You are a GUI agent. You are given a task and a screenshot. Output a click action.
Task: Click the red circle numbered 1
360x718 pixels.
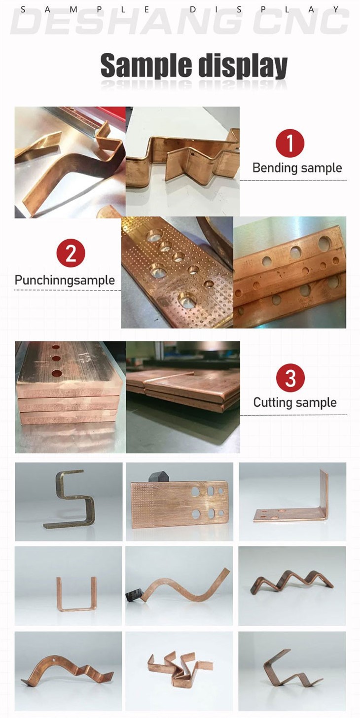[x=289, y=143]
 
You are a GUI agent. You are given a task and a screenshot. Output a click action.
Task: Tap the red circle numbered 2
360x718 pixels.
[x=71, y=253]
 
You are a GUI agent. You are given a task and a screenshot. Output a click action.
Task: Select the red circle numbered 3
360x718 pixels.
[x=290, y=378]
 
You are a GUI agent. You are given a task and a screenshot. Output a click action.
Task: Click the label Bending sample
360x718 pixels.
[x=297, y=168]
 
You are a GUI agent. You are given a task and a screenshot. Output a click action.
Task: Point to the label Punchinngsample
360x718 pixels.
[x=65, y=280]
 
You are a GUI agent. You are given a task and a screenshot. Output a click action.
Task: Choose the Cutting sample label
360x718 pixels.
[x=295, y=402]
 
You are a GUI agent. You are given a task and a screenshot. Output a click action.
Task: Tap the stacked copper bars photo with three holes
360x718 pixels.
[x=70, y=397]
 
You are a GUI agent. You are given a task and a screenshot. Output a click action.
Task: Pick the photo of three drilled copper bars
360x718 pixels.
[x=289, y=272]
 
